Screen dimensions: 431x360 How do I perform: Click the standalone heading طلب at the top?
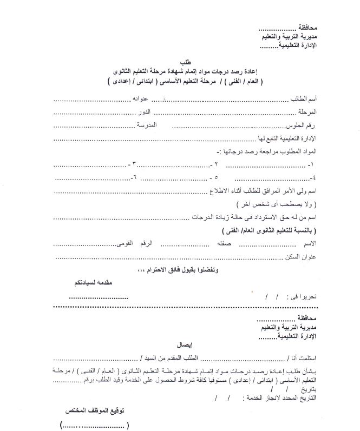(x=180, y=63)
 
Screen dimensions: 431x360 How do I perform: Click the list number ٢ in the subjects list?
(x=216, y=163)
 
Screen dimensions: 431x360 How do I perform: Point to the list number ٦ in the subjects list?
(x=135, y=177)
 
